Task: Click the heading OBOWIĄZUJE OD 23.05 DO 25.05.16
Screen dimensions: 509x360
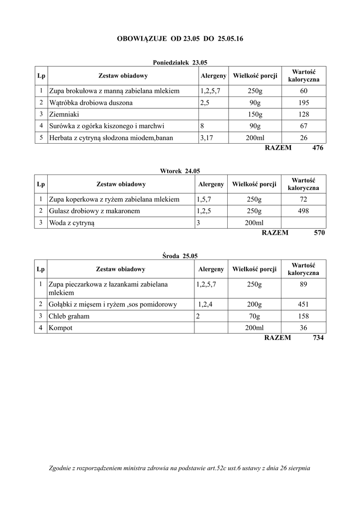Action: click(180, 38)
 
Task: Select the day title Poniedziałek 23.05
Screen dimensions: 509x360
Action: click(180, 63)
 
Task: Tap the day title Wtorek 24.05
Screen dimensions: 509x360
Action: click(180, 171)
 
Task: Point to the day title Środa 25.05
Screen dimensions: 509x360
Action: click(180, 256)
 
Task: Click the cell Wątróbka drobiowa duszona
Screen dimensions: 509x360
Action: click(91, 103)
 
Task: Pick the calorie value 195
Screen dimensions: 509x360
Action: click(304, 103)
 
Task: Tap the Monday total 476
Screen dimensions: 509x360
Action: click(318, 148)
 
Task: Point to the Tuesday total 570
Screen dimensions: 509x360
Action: click(319, 232)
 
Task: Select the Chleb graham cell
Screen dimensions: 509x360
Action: click(69, 316)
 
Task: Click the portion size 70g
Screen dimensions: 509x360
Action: click(254, 316)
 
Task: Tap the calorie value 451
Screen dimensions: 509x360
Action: click(303, 304)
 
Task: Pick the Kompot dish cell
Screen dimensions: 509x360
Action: click(61, 328)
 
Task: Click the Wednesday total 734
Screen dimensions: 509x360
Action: click(318, 338)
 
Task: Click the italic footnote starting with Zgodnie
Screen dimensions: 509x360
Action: click(180, 468)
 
